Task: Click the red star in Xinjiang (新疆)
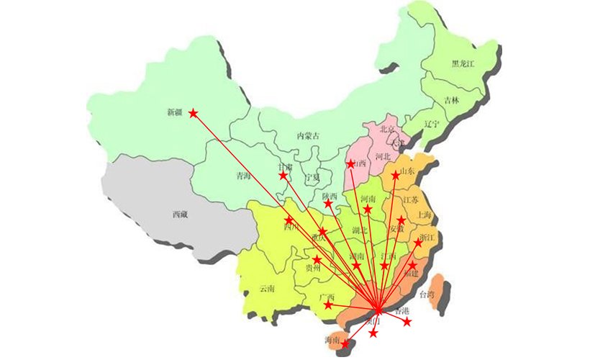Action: pyautogui.click(x=193, y=112)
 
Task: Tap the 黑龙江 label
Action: pyautogui.click(x=463, y=63)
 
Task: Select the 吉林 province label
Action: pyautogui.click(x=451, y=100)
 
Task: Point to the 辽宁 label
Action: pyautogui.click(x=431, y=123)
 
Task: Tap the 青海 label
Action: pyautogui.click(x=243, y=175)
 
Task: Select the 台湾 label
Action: pyautogui.click(x=427, y=294)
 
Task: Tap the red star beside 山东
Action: pyautogui.click(x=395, y=175)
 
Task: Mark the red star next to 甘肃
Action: pyautogui.click(x=283, y=175)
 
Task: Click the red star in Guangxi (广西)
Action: pyautogui.click(x=329, y=305)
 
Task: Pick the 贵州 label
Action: pyautogui.click(x=313, y=268)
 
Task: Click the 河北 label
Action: pyautogui.click(x=383, y=156)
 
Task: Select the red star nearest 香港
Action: pyautogui.click(x=407, y=322)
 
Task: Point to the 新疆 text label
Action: pyautogui.click(x=175, y=112)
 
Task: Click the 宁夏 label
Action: pyautogui.click(x=312, y=176)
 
